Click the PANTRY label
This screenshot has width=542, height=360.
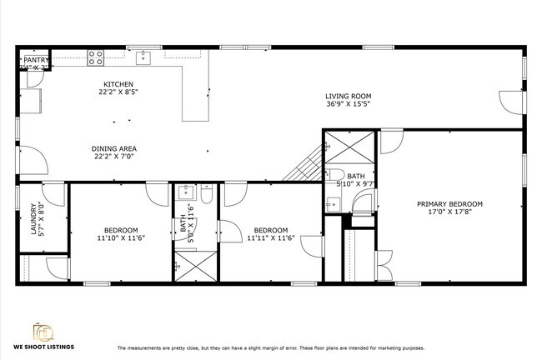[x=37, y=60]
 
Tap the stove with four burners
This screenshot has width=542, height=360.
[x=96, y=57]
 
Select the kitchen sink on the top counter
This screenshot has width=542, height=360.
[x=143, y=57]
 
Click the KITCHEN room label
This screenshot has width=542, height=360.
[x=118, y=84]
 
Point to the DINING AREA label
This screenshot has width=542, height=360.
[x=113, y=147]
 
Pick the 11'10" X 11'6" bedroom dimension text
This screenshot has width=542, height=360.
[x=120, y=238]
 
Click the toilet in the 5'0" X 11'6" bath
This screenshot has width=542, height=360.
[x=206, y=195]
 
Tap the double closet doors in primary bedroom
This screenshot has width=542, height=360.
[x=384, y=265]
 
